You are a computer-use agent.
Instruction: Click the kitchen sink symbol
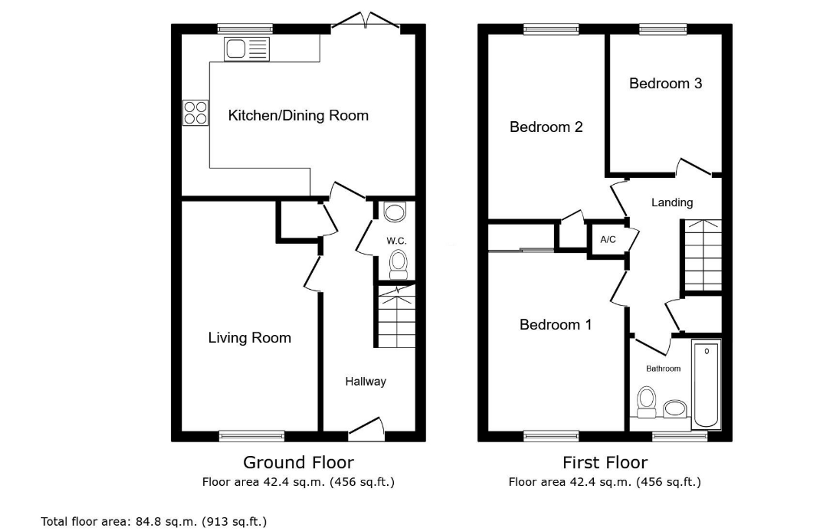[247, 49]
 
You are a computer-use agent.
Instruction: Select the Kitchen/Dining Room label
[298, 115]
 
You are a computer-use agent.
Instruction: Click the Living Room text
[250, 338]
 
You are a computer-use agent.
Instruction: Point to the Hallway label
[366, 381]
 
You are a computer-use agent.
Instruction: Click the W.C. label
[396, 241]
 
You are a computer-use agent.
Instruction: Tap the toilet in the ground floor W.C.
[398, 265]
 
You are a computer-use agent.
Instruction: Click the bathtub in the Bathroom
[706, 384]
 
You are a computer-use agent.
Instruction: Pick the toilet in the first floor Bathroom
[646, 402]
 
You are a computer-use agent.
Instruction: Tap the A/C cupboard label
[608, 240]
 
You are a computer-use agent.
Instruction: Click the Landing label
[672, 202]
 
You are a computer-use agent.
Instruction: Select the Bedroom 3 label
[666, 83]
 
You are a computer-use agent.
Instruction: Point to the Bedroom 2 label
[546, 127]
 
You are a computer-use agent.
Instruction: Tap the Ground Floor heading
[298, 462]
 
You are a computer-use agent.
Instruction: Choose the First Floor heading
[605, 462]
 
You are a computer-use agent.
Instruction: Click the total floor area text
[154, 521]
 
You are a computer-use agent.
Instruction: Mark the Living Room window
[252, 436]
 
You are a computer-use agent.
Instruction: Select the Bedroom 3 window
[663, 29]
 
